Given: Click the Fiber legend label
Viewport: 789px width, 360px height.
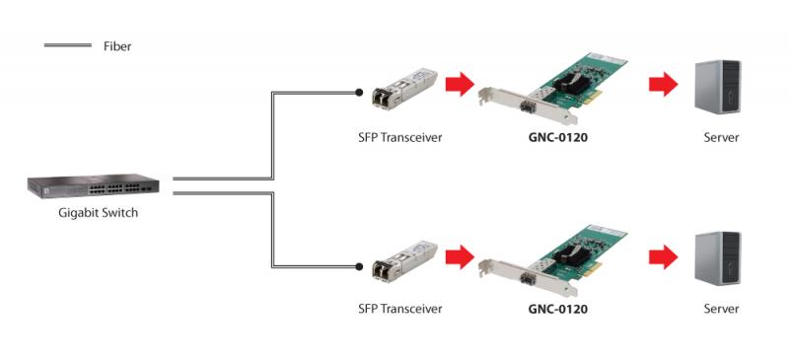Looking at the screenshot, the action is point(117,46).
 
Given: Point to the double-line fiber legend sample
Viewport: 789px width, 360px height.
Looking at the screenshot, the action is point(68,45).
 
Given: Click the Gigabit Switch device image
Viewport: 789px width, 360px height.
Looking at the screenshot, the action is point(94,186).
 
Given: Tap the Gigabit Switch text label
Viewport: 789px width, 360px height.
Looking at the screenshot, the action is point(98,213).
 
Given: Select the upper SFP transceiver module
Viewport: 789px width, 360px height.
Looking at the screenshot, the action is point(404,89).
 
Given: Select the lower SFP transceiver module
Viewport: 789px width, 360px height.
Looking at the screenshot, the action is point(404,260).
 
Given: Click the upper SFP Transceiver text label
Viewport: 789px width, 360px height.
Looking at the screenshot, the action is point(400,137).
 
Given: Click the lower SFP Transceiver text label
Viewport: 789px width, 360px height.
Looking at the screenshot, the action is point(400,308).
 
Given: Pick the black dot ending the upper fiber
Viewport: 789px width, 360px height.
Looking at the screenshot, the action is point(359,93).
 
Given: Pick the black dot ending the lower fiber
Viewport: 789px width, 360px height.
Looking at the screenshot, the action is point(359,266).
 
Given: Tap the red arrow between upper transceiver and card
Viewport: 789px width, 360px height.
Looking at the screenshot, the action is point(460,84).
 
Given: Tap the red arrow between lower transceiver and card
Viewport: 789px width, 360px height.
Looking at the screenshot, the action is point(460,256).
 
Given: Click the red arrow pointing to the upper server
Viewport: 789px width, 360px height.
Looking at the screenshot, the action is point(663,84).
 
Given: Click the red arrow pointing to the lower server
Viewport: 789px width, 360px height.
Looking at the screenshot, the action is point(663,256).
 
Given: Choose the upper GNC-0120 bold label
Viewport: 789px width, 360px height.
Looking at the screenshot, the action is point(557,137).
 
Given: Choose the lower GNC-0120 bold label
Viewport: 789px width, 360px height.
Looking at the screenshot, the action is point(557,308).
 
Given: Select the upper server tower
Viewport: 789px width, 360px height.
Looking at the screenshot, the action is point(718,86).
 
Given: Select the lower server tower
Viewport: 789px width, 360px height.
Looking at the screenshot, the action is point(718,258).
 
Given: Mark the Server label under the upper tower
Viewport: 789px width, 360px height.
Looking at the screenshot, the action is point(721,137).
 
